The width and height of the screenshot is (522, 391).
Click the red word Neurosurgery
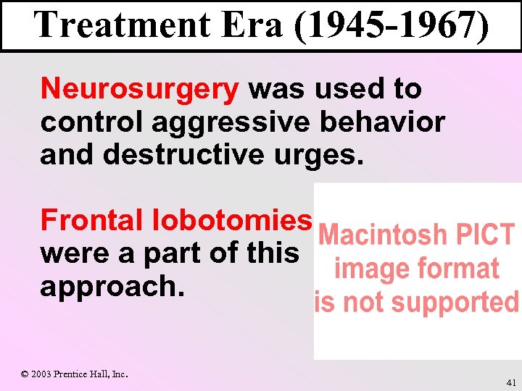(x=140, y=90)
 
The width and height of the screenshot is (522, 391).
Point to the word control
(x=91, y=123)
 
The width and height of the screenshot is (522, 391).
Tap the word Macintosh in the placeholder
(x=384, y=235)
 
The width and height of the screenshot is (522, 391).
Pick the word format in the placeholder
(x=457, y=269)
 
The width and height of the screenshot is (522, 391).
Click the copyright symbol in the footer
(x=25, y=374)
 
